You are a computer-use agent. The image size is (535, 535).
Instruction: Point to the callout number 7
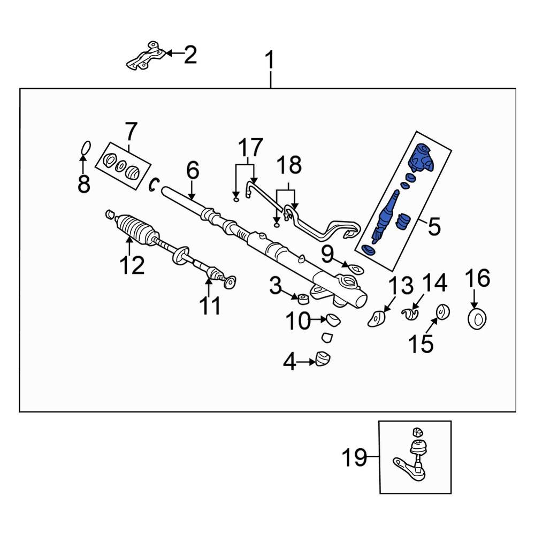click(x=131, y=131)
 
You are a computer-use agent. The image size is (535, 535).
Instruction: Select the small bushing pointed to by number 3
click(x=302, y=297)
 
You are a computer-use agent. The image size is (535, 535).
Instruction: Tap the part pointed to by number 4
click(x=323, y=358)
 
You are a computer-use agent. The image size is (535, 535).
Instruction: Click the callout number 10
click(x=297, y=322)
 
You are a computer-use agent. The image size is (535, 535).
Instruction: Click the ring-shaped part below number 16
click(x=476, y=319)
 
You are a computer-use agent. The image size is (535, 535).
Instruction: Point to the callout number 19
click(x=355, y=457)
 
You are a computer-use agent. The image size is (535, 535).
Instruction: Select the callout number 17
click(x=250, y=147)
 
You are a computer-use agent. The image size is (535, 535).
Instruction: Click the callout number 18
click(x=288, y=166)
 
